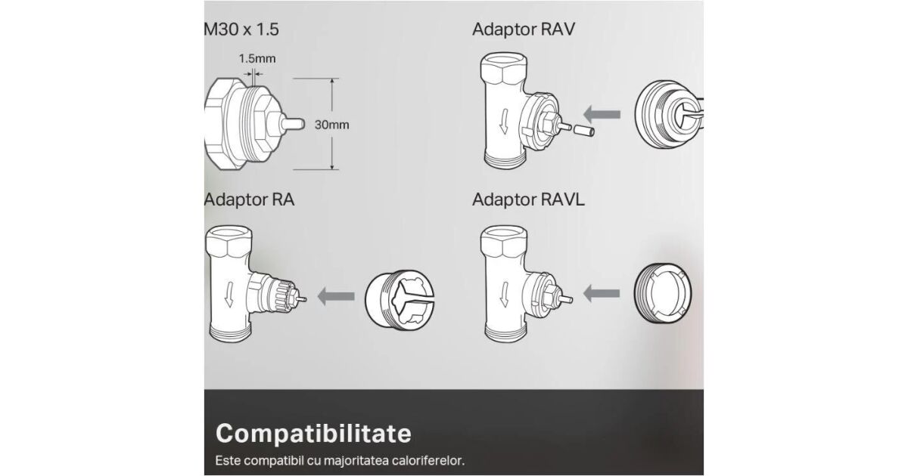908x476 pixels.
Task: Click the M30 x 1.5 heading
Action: [241, 29]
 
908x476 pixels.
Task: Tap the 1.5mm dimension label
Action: [257, 59]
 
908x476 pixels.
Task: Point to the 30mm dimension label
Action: [331, 125]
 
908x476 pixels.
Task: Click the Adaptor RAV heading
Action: [524, 29]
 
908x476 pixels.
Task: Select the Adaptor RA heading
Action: [249, 199]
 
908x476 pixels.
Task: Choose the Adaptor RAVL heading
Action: [528, 199]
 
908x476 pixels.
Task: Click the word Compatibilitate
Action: [313, 434]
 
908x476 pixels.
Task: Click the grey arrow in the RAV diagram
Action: [602, 115]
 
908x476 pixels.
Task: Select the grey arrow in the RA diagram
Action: [336, 297]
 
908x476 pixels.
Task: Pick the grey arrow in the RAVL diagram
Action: [602, 293]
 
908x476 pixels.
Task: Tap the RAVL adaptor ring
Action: [663, 293]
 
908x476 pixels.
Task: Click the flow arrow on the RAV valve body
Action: [504, 121]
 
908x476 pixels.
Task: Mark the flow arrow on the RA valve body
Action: [229, 294]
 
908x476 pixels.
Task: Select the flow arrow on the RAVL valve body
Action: [504, 294]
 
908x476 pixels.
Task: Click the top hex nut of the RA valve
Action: [229, 241]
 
